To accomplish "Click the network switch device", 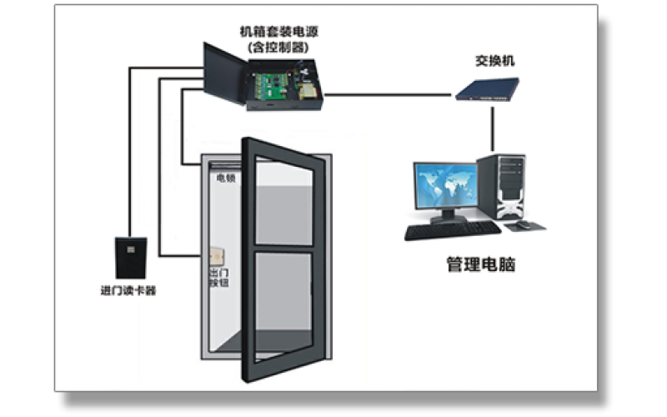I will pos(487,88).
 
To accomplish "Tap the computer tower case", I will pos(510,187).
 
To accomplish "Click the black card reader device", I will pos(130,258).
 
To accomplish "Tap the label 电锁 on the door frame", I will pos(225,178).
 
